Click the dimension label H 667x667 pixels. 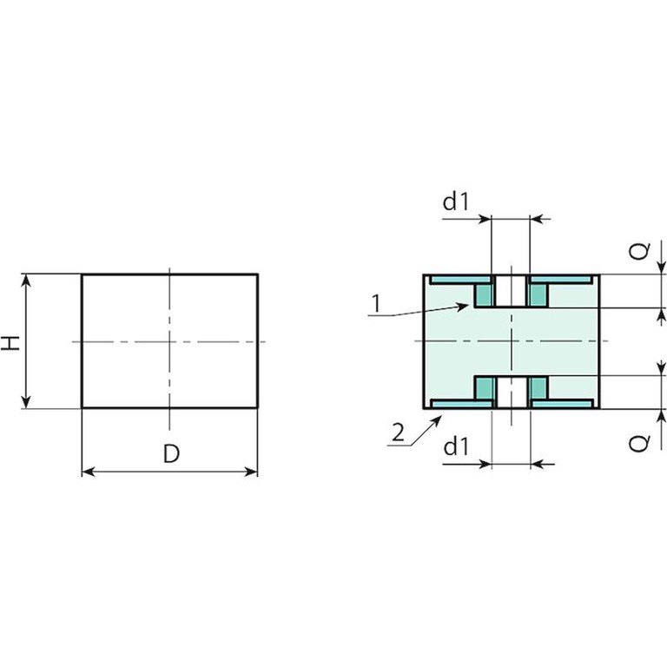click(x=10, y=342)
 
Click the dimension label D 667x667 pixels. click(x=171, y=453)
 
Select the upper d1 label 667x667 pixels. click(x=456, y=201)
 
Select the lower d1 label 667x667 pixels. click(x=456, y=446)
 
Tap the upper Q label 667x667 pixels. click(x=639, y=251)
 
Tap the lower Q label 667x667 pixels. click(x=639, y=443)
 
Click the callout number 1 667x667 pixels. click(x=375, y=304)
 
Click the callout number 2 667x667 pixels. click(x=398, y=433)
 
